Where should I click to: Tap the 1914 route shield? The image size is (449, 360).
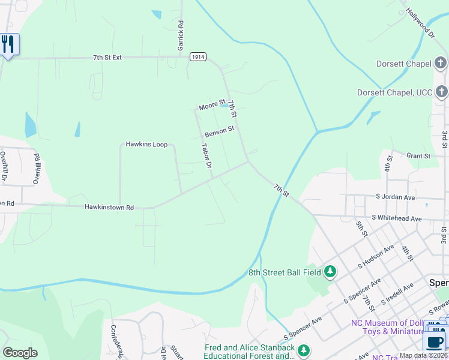click(198, 56)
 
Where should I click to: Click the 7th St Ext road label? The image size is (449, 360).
click(107, 58)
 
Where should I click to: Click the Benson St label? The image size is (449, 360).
click(219, 130)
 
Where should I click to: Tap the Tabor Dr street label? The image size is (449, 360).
click(206, 155)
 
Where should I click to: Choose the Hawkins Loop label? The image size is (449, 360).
click(146, 144)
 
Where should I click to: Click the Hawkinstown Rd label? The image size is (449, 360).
click(109, 207)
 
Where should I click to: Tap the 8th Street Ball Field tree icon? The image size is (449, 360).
click(330, 272)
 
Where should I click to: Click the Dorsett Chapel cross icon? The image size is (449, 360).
click(441, 63)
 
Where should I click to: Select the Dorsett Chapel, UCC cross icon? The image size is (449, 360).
click(441, 92)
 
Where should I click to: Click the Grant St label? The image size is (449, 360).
click(418, 156)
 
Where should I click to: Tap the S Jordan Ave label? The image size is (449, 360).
click(396, 197)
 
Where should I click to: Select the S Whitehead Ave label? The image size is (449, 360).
click(397, 218)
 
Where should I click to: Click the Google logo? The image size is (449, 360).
click(19, 353)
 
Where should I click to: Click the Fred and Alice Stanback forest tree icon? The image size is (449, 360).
click(304, 350)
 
